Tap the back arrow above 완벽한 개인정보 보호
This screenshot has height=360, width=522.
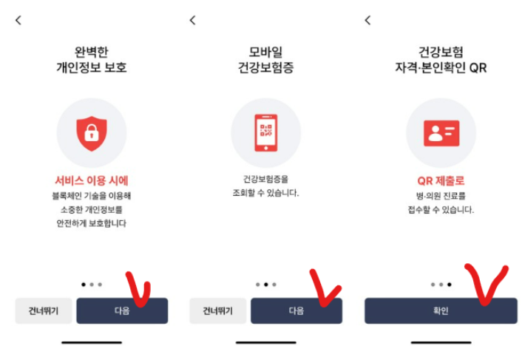pos(18,21)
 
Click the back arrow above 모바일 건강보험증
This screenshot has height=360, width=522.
pos(193,21)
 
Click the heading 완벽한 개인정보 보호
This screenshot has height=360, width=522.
pos(92,61)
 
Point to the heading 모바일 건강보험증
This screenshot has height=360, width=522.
pos(266,61)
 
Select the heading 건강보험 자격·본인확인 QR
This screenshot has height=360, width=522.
pos(441,61)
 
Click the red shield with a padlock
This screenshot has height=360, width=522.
pos(92,133)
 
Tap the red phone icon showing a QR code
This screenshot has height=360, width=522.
pos(266,133)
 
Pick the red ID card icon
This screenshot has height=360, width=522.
pos(441,133)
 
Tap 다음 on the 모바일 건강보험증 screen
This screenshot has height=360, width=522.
pos(296,311)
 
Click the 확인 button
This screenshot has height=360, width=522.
pos(441,311)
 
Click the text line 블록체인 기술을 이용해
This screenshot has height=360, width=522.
pos(92,196)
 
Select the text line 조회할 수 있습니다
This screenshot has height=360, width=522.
pos(266,194)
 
